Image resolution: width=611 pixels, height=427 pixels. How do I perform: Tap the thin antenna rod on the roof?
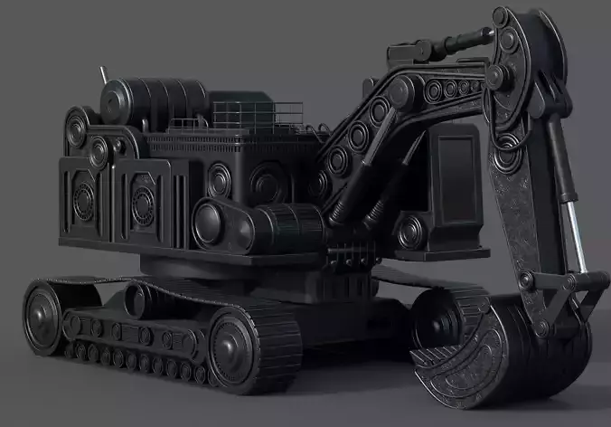104,76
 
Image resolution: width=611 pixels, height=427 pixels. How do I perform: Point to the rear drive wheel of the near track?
44,317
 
